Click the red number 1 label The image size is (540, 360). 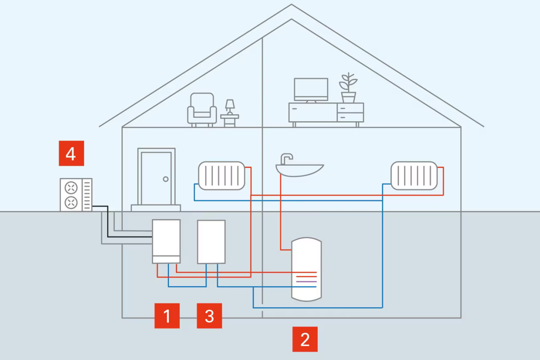[x=167, y=316]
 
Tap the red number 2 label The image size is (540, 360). [x=305, y=339]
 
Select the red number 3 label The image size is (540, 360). [x=209, y=316]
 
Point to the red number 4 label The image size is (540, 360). [x=71, y=153]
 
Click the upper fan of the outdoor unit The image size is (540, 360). [x=70, y=187]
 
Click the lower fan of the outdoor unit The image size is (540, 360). [x=70, y=203]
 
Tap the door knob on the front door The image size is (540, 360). [x=166, y=179]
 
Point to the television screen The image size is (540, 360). [x=311, y=89]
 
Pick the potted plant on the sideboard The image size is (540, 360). [x=348, y=88]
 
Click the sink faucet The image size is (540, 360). [x=287, y=158]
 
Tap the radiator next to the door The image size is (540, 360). [x=221, y=176]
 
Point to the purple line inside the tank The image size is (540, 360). [x=306, y=282]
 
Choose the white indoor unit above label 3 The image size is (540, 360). [x=211, y=241]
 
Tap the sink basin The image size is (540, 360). [x=300, y=170]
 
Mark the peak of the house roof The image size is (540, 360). [x=291, y=5]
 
